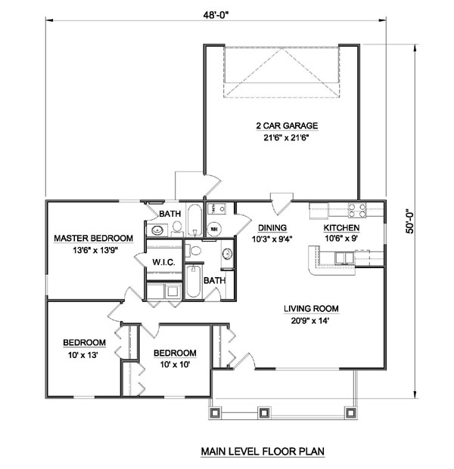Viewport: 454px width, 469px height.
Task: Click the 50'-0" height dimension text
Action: click(x=409, y=221)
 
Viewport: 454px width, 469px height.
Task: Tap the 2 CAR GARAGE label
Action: click(x=287, y=125)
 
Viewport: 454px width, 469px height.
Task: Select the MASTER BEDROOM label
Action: click(x=94, y=239)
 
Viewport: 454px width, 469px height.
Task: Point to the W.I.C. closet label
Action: click(x=163, y=262)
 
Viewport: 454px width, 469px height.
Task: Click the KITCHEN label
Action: click(x=341, y=228)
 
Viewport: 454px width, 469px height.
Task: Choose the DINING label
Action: click(x=272, y=228)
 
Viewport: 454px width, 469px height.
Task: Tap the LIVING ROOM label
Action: click(x=311, y=308)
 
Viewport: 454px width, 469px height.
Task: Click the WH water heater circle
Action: click(x=214, y=229)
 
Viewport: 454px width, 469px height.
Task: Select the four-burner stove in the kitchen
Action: click(x=356, y=210)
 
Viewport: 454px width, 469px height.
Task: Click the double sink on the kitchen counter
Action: click(x=344, y=258)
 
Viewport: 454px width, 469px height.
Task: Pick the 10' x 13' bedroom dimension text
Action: click(x=83, y=355)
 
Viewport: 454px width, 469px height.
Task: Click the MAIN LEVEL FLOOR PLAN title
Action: click(x=263, y=451)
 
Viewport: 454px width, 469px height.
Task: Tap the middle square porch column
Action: click(x=263, y=413)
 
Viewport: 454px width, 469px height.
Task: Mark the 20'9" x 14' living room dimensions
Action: click(x=310, y=321)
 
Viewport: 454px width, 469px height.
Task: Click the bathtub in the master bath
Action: click(x=194, y=220)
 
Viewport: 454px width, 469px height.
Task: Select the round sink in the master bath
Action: click(x=157, y=230)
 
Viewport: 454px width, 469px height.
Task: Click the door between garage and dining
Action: click(x=281, y=203)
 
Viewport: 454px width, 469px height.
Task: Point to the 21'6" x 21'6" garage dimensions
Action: click(x=287, y=138)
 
